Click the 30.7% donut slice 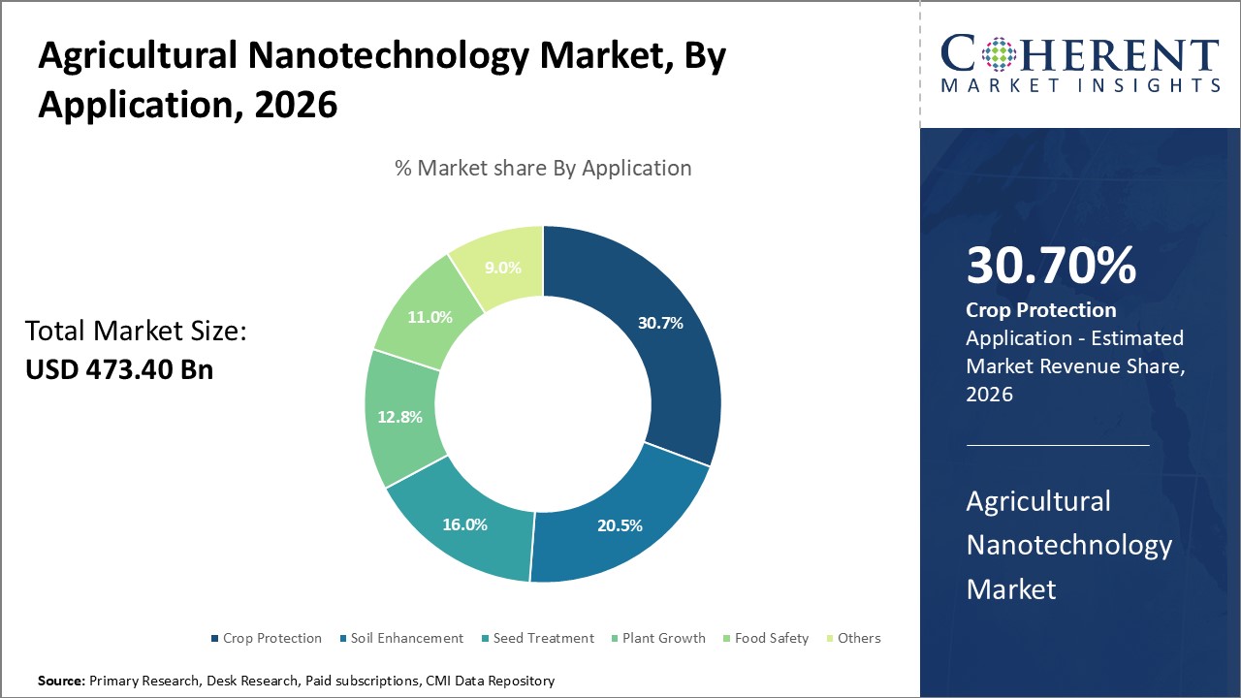coord(660,323)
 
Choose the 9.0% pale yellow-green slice coord(501,268)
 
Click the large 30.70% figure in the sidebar coord(1051,266)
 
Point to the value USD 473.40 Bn coord(119,369)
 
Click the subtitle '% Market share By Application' coord(543,168)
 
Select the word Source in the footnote coord(61,681)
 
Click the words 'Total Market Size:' coord(136,332)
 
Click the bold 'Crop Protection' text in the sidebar coord(1041,310)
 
